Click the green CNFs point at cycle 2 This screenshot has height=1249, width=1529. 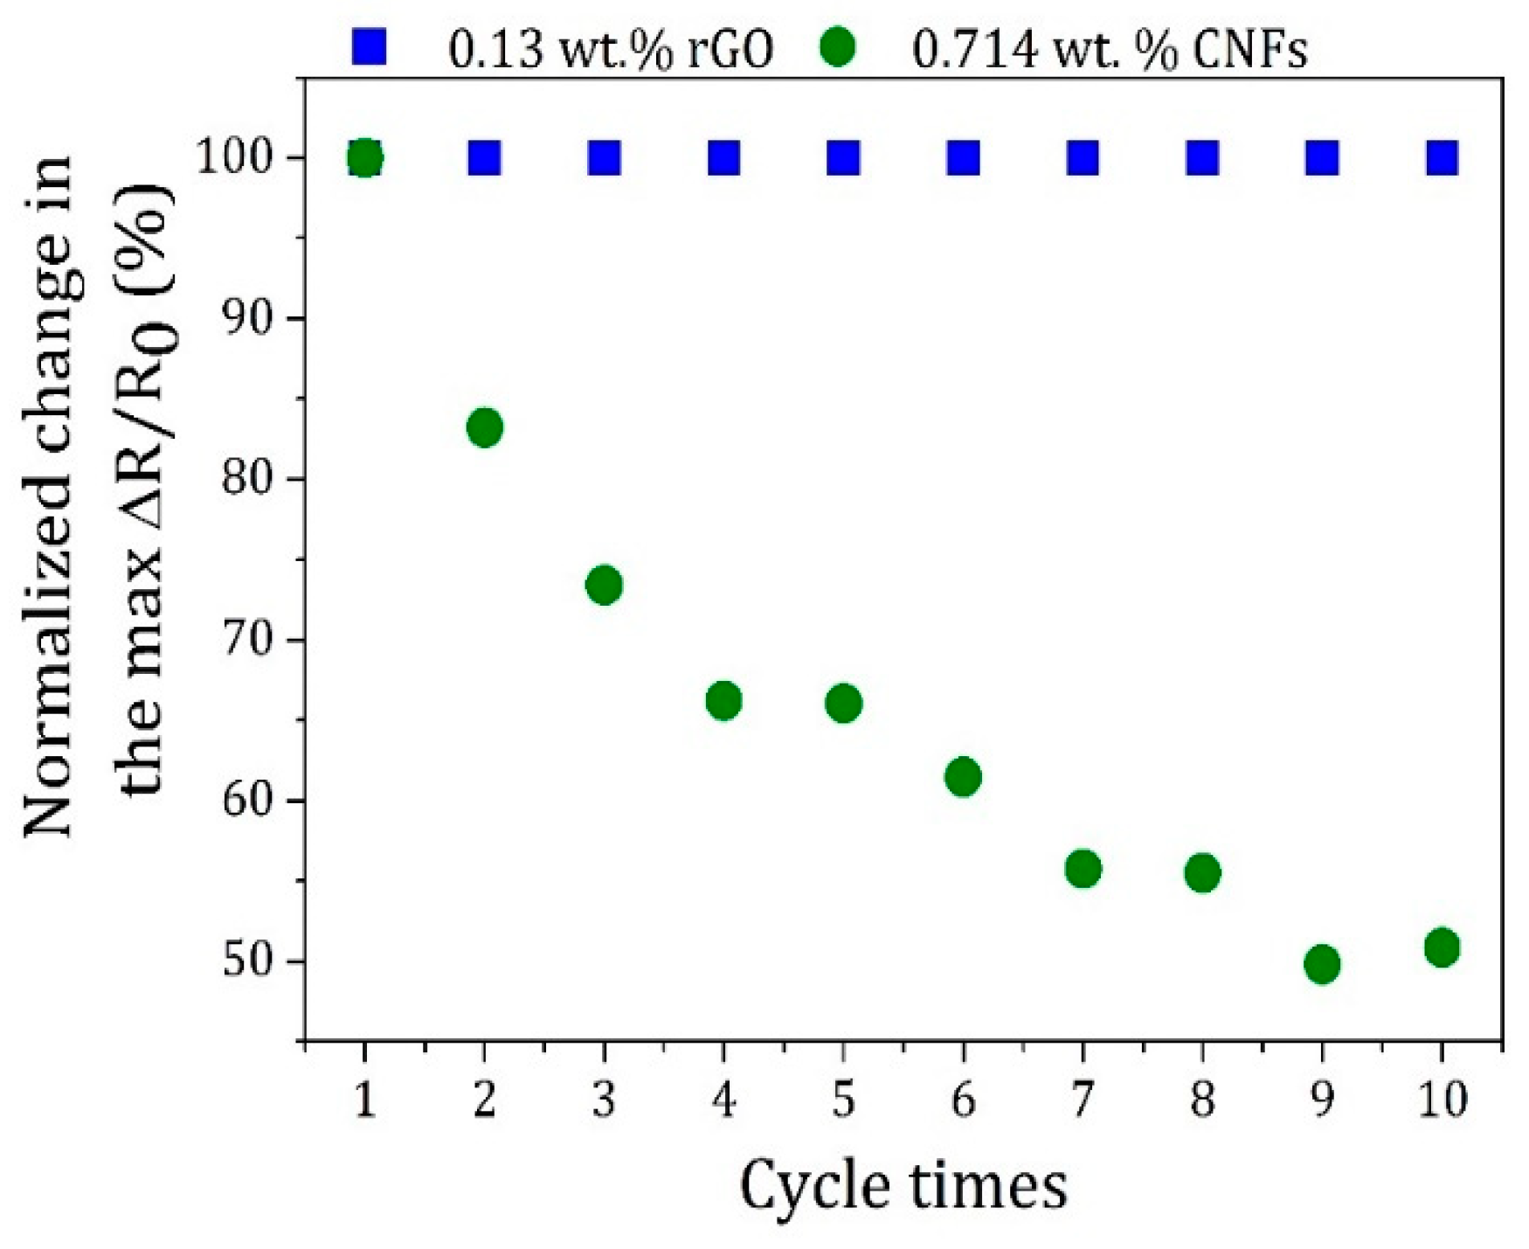point(485,427)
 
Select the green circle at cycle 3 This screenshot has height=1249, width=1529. point(604,585)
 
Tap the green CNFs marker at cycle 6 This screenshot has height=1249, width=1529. point(963,776)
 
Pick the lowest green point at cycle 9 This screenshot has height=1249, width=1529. point(1322,964)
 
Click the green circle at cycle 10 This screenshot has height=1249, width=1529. point(1442,947)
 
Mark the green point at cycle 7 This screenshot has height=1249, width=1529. point(1083,869)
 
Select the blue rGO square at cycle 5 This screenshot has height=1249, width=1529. point(843,158)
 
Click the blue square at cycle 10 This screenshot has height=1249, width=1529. point(1442,158)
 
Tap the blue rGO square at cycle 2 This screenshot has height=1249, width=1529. point(485,158)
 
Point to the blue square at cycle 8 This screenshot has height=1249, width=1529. point(1202,158)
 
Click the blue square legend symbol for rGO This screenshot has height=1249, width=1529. point(368,46)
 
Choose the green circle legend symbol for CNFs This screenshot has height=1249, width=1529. point(838,46)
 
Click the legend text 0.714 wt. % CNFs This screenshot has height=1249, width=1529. point(1110,49)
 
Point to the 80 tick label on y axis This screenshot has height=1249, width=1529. point(250,479)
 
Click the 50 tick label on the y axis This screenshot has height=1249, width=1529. point(250,961)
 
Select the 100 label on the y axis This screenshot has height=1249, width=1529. point(239,158)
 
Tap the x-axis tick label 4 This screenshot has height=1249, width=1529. point(723,1099)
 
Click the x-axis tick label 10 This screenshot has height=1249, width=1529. point(1442,1099)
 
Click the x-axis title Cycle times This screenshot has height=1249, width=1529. point(903,1186)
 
